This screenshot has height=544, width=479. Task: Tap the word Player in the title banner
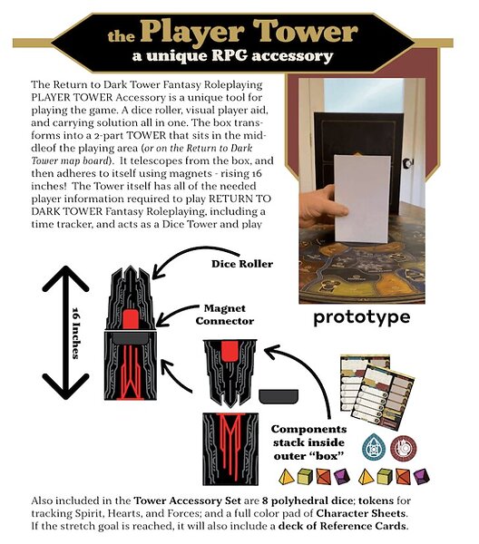click(x=192, y=33)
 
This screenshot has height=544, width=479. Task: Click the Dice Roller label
click(x=242, y=264)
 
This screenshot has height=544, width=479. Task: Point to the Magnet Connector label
click(x=225, y=315)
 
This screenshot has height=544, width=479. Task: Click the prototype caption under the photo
click(x=362, y=317)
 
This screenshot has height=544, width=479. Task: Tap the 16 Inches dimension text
click(x=75, y=333)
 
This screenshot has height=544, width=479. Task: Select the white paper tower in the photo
click(x=362, y=199)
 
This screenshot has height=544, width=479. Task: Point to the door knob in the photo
click(x=408, y=162)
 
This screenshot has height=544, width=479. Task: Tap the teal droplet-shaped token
click(x=374, y=447)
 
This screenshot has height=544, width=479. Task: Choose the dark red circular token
click(x=404, y=448)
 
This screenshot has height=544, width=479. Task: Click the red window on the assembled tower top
click(x=131, y=318)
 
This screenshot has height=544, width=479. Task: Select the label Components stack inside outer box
click(x=308, y=442)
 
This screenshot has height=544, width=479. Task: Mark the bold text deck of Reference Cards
click(x=342, y=526)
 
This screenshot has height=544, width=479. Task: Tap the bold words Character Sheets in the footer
click(x=361, y=513)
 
